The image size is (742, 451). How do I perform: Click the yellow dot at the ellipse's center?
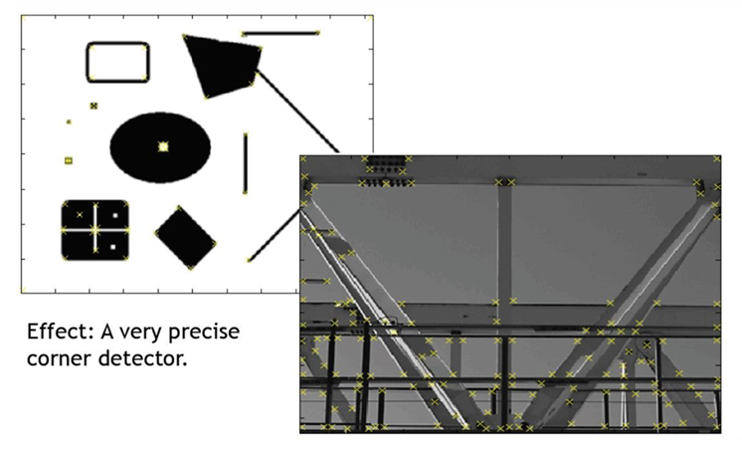(163, 145)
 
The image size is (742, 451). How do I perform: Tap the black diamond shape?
(185, 237)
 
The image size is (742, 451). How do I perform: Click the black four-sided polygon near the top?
(221, 64)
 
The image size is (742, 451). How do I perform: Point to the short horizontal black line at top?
(280, 34)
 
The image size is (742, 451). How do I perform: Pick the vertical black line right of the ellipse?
(245, 163)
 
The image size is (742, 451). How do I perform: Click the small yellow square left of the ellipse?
(69, 160)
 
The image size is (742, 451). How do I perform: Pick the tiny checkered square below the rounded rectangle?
(93, 105)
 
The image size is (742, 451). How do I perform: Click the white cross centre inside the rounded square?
(94, 230)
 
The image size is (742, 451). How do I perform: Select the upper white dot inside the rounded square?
(115, 215)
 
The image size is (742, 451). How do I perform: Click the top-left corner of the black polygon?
(185, 37)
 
